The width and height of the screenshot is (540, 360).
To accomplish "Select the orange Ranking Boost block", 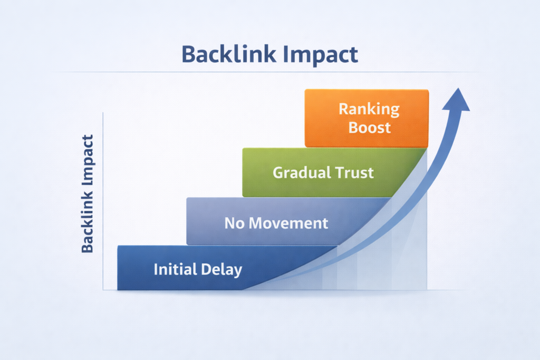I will click(367, 118).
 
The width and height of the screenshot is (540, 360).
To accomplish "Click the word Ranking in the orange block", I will click(369, 110).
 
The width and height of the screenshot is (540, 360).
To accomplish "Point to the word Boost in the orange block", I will click(369, 128).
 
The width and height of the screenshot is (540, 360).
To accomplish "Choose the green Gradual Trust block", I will click(327, 172).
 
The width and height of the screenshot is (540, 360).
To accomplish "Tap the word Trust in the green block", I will click(356, 172).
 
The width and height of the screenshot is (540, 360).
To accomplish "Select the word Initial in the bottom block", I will click(175, 270).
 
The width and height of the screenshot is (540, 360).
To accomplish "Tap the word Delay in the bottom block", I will click(221, 270).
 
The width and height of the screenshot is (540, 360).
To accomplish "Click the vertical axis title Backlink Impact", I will click(88, 193).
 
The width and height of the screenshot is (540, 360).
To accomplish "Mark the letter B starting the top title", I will click(188, 55).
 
